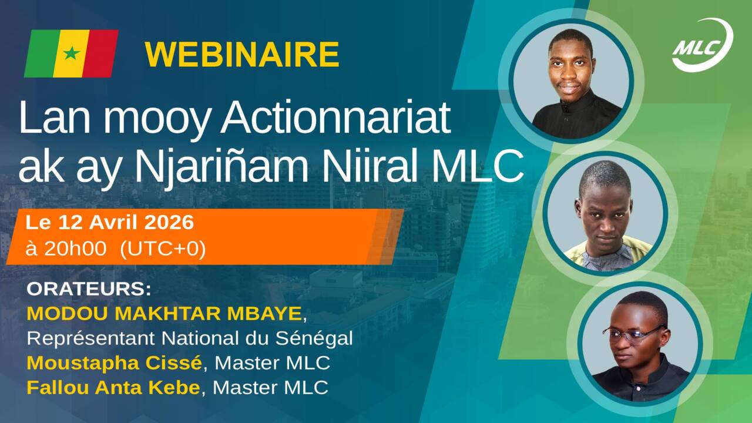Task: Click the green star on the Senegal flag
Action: tap(71, 53)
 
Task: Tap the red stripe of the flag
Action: tap(100, 53)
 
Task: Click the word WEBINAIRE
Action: tap(242, 55)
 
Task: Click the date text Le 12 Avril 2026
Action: tap(110, 223)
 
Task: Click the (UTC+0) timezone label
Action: tap(163, 249)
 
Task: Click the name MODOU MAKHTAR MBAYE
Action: tap(164, 314)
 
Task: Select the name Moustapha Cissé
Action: tap(114, 363)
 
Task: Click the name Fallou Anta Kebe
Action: tap(113, 388)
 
